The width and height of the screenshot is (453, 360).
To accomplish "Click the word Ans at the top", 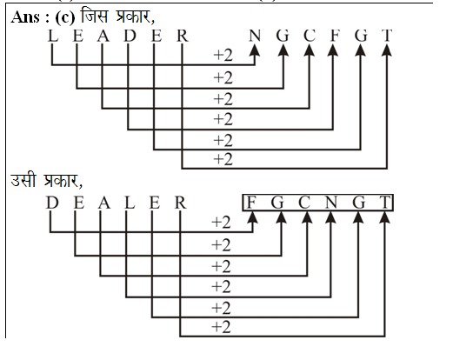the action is pos(25,17).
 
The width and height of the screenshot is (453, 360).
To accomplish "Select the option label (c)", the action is pos(64,17).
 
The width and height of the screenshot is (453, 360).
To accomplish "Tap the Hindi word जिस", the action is pos(95,16).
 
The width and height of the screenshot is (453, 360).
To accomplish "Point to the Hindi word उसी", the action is pos(23,180).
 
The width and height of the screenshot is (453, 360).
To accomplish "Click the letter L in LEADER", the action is pos(53,36).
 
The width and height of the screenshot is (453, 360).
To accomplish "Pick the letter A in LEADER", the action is pos(103,36).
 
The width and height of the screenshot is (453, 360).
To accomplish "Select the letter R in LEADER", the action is pos(182,36).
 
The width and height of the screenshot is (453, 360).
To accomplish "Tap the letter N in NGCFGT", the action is pos(255,36).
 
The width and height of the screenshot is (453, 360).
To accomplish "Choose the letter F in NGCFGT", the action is pos(335,36).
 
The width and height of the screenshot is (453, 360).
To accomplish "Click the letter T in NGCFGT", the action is pos(387,36).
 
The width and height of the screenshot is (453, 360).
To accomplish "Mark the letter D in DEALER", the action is pos(52,203).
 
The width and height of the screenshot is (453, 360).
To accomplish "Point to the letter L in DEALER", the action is pos(130,203).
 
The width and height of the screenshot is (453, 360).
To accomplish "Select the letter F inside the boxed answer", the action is pos(251,202).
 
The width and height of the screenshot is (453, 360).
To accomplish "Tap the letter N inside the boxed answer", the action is pos(331,202).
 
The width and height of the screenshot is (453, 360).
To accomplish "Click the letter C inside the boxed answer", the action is pos(304,202).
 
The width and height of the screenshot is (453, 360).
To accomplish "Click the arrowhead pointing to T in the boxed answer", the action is pos(385,217).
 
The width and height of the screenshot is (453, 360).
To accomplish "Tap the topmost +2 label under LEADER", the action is pos(223,55).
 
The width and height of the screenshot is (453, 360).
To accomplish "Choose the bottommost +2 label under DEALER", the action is pos(221,327).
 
